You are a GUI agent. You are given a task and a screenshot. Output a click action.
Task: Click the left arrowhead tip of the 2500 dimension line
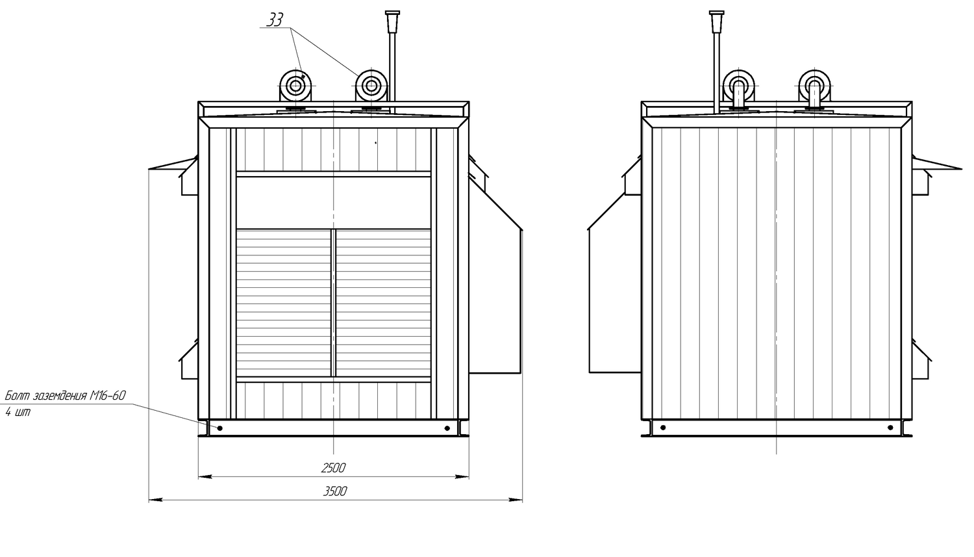click(x=199, y=477)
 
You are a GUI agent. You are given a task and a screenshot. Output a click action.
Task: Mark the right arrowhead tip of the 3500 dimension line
click(x=522, y=500)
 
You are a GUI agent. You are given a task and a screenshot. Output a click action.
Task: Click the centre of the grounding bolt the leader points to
click(x=220, y=428)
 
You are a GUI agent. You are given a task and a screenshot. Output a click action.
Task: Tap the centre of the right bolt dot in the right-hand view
click(x=890, y=427)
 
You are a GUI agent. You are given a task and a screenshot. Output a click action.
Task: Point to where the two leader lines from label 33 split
click(x=291, y=28)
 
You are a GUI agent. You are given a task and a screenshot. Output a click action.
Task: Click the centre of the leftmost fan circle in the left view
click(x=295, y=86)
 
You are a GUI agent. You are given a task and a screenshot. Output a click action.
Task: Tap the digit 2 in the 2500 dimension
click(x=325, y=468)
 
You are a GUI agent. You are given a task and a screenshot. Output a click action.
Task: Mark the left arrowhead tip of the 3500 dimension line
click(x=149, y=500)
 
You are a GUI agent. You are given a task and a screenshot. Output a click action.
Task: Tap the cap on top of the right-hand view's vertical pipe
click(x=717, y=21)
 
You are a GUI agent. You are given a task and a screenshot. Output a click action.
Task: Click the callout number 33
click(x=275, y=19)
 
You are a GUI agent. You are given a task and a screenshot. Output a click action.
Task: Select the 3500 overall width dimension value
click(x=335, y=491)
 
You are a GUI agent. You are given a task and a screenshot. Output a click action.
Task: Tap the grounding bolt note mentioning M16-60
click(x=65, y=396)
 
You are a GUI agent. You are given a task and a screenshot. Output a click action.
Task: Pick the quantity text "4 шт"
click(x=18, y=412)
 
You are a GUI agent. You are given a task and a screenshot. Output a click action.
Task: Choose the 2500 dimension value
click(x=333, y=468)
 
